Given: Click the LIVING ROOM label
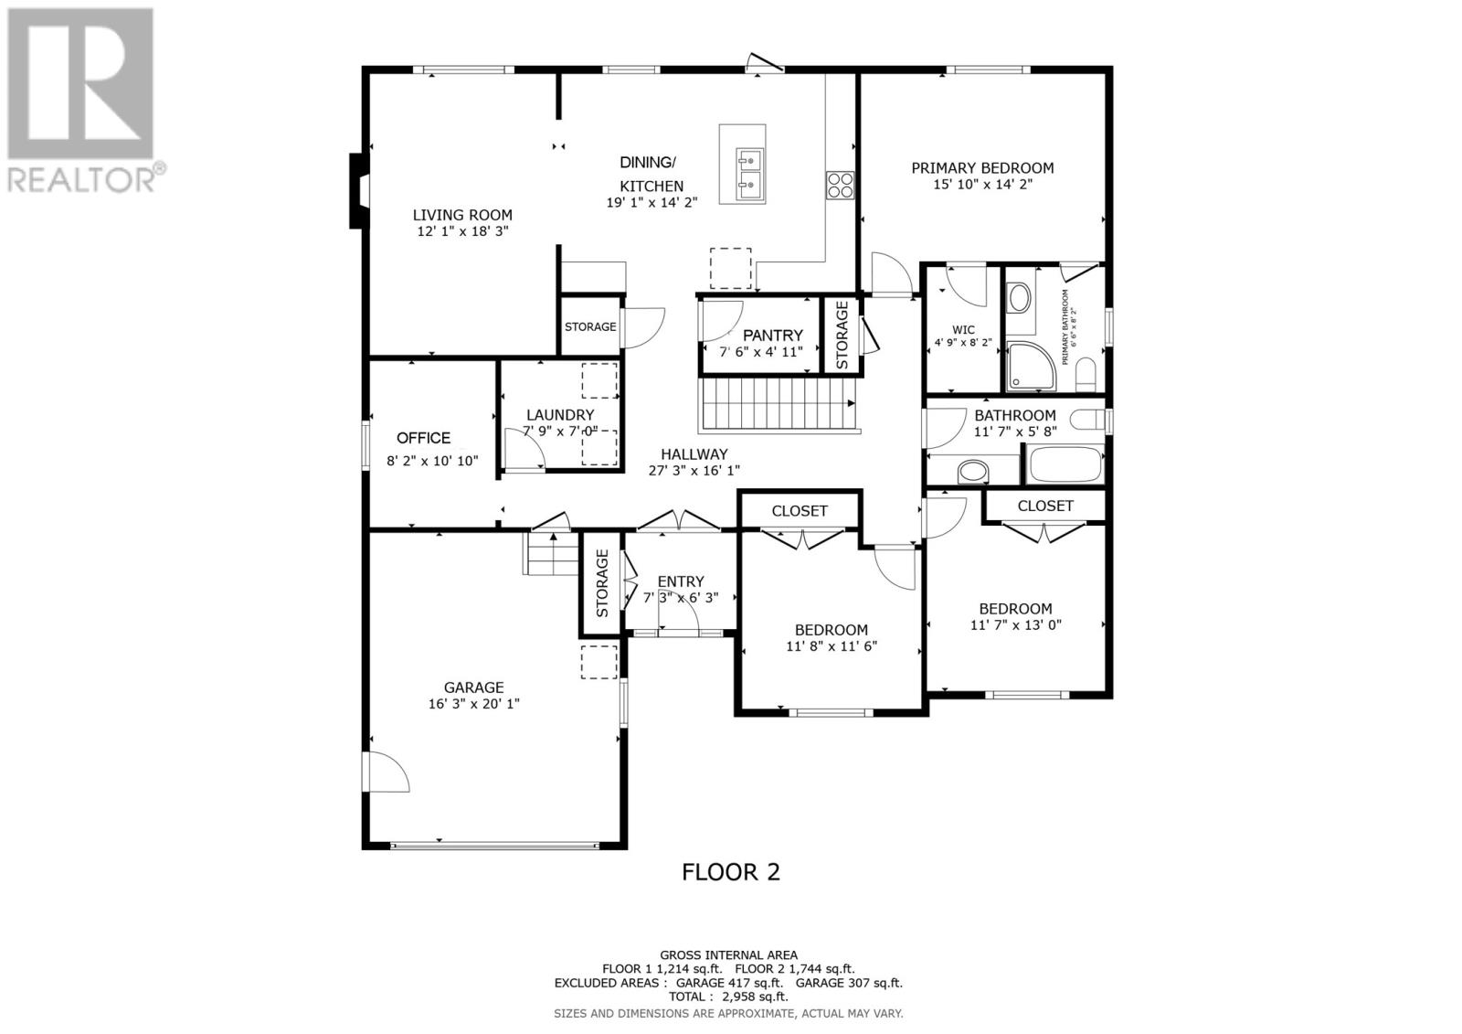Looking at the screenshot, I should pos(462,216).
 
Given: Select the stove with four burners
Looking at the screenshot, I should pos(840,186).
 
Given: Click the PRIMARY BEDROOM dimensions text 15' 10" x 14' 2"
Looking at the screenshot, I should pos(982,184).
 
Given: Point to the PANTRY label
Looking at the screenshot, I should pos(772,336).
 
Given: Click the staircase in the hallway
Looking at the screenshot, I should pos(776,406).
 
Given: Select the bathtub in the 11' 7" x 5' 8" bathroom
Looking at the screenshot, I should pos(1066,464).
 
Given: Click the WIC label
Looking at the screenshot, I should pos(963,330).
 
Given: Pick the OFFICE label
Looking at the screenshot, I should pos(423,438).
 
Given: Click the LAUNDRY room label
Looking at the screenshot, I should pos(559,415).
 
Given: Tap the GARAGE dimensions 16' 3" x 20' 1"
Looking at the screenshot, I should pos(473,704).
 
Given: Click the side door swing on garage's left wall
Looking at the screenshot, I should pos(387,772).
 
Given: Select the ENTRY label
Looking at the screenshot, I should pos(681,581).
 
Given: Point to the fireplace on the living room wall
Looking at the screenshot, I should pos(358,191).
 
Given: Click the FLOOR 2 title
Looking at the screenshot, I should pos(731,872).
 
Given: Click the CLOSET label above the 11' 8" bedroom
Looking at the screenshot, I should pos(800,511).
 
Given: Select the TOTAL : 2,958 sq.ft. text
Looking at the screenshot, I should pos(728,997).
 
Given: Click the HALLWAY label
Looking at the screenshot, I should pos(694,454).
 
